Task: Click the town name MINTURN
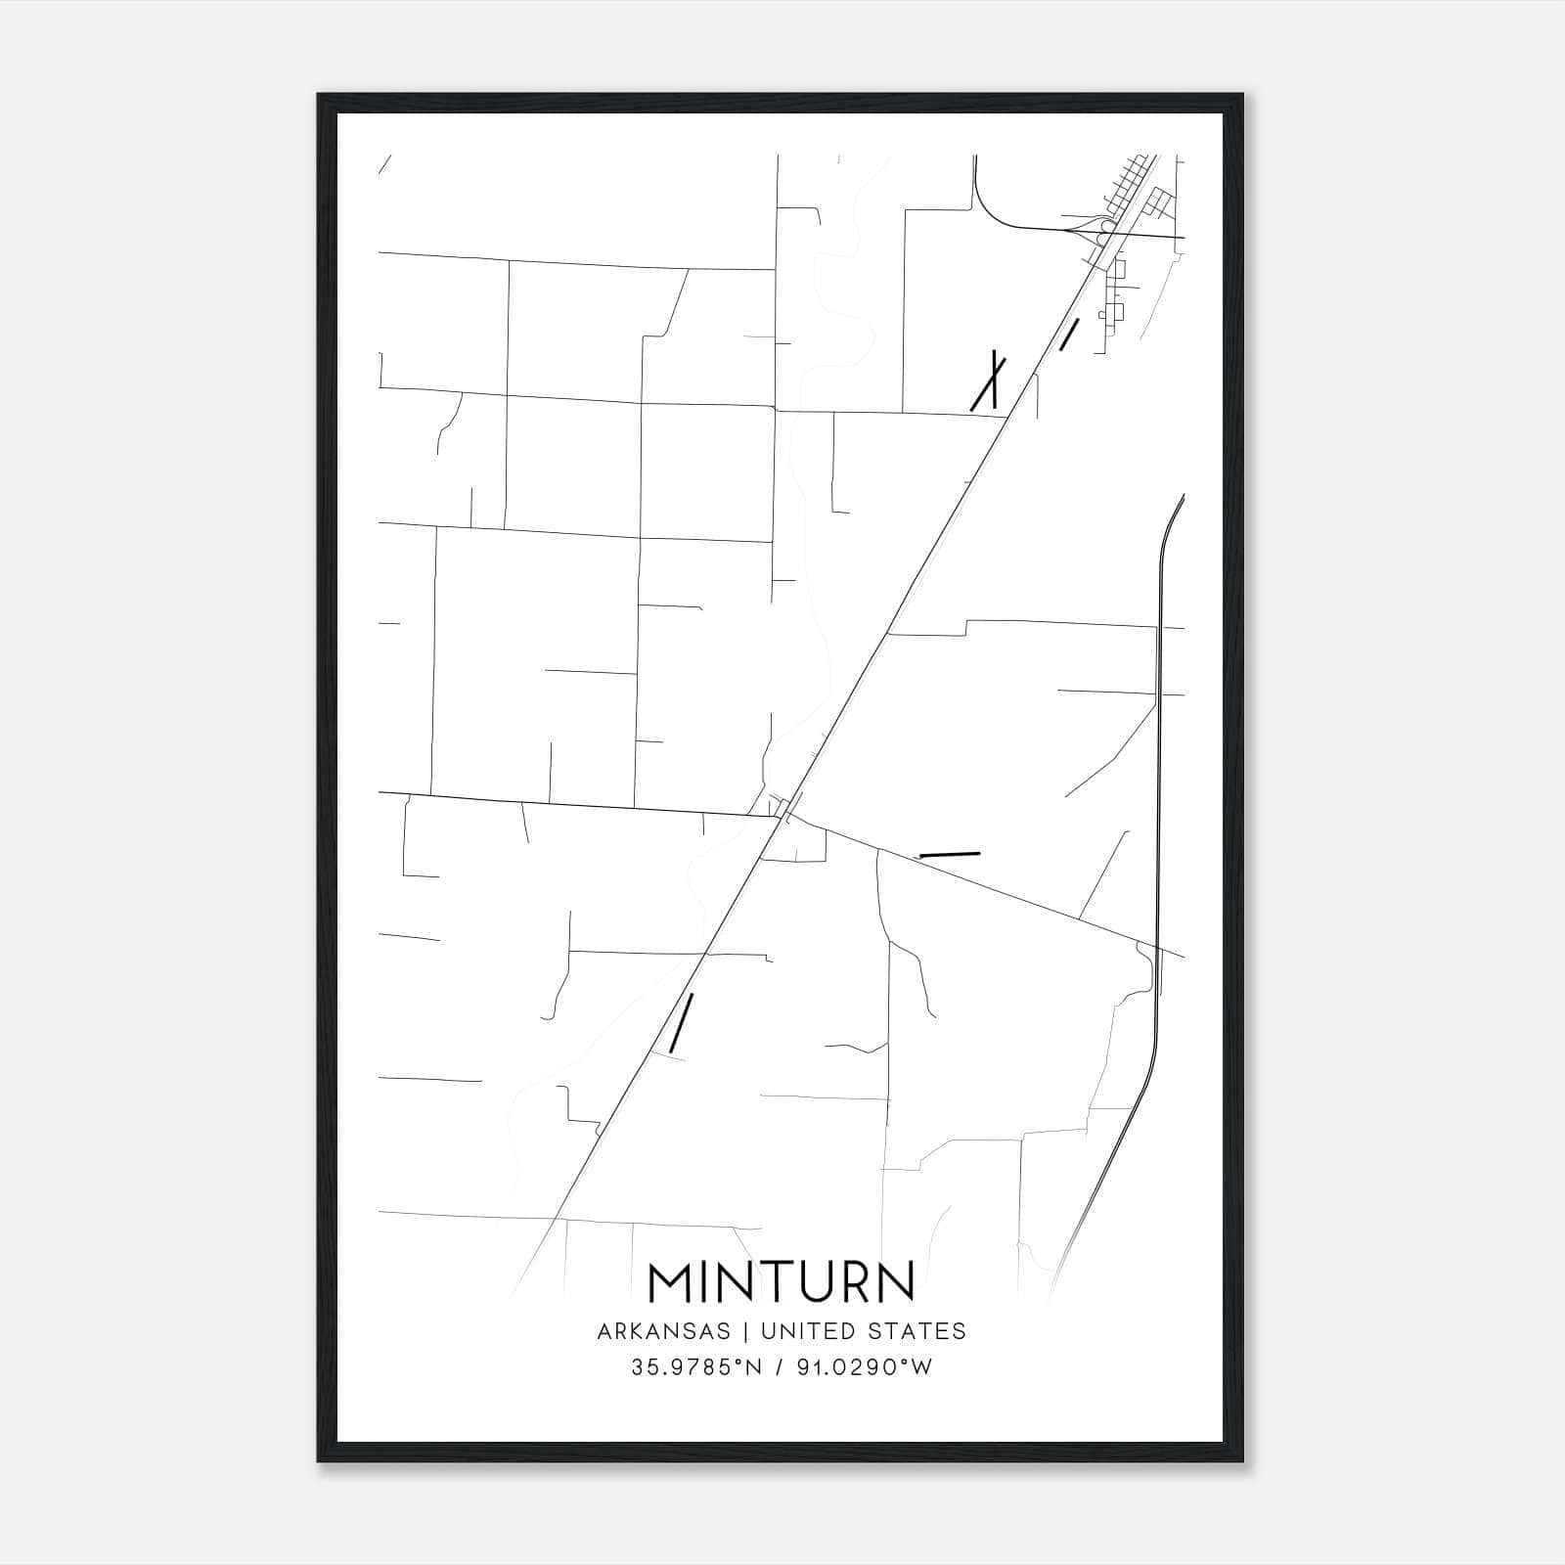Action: (782, 1280)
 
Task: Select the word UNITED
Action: (800, 1330)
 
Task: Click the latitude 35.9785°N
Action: (695, 1367)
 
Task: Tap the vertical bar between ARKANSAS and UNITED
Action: (745, 1330)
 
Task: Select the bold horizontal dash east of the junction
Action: (949, 855)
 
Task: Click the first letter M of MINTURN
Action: (670, 1280)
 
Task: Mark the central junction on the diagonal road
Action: (783, 810)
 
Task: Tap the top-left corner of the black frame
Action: (319, 96)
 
